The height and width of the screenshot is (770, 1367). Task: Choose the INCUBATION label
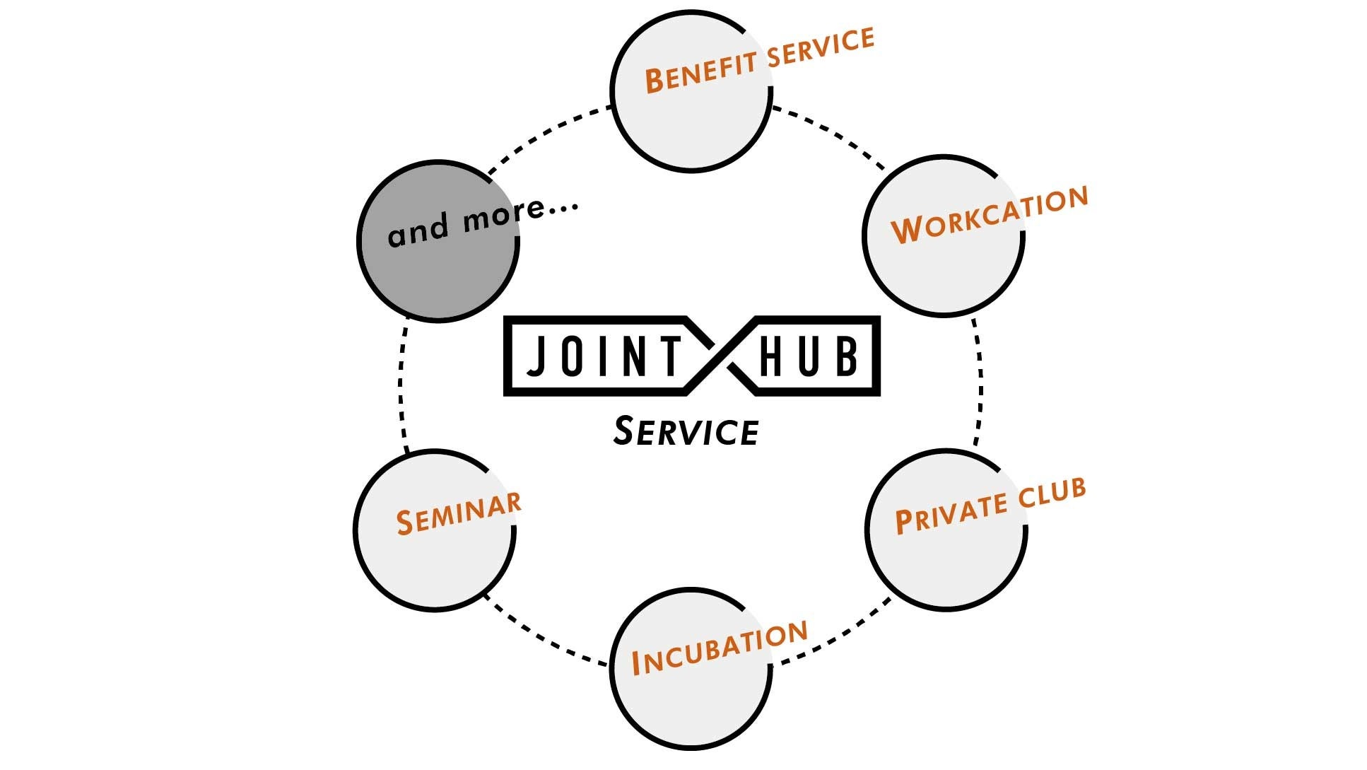pyautogui.click(x=720, y=648)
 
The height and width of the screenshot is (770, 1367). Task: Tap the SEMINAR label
pyautogui.click(x=458, y=513)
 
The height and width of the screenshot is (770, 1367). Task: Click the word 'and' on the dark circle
pyautogui.click(x=418, y=230)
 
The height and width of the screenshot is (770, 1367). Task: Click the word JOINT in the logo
pyautogui.click(x=604, y=356)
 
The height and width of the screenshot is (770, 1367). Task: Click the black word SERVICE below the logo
pyautogui.click(x=686, y=432)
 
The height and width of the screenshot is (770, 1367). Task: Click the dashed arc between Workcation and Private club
pyautogui.click(x=980, y=382)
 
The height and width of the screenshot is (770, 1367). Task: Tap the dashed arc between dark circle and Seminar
pyautogui.click(x=401, y=385)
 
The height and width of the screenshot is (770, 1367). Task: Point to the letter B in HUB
pyautogui.click(x=846, y=356)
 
